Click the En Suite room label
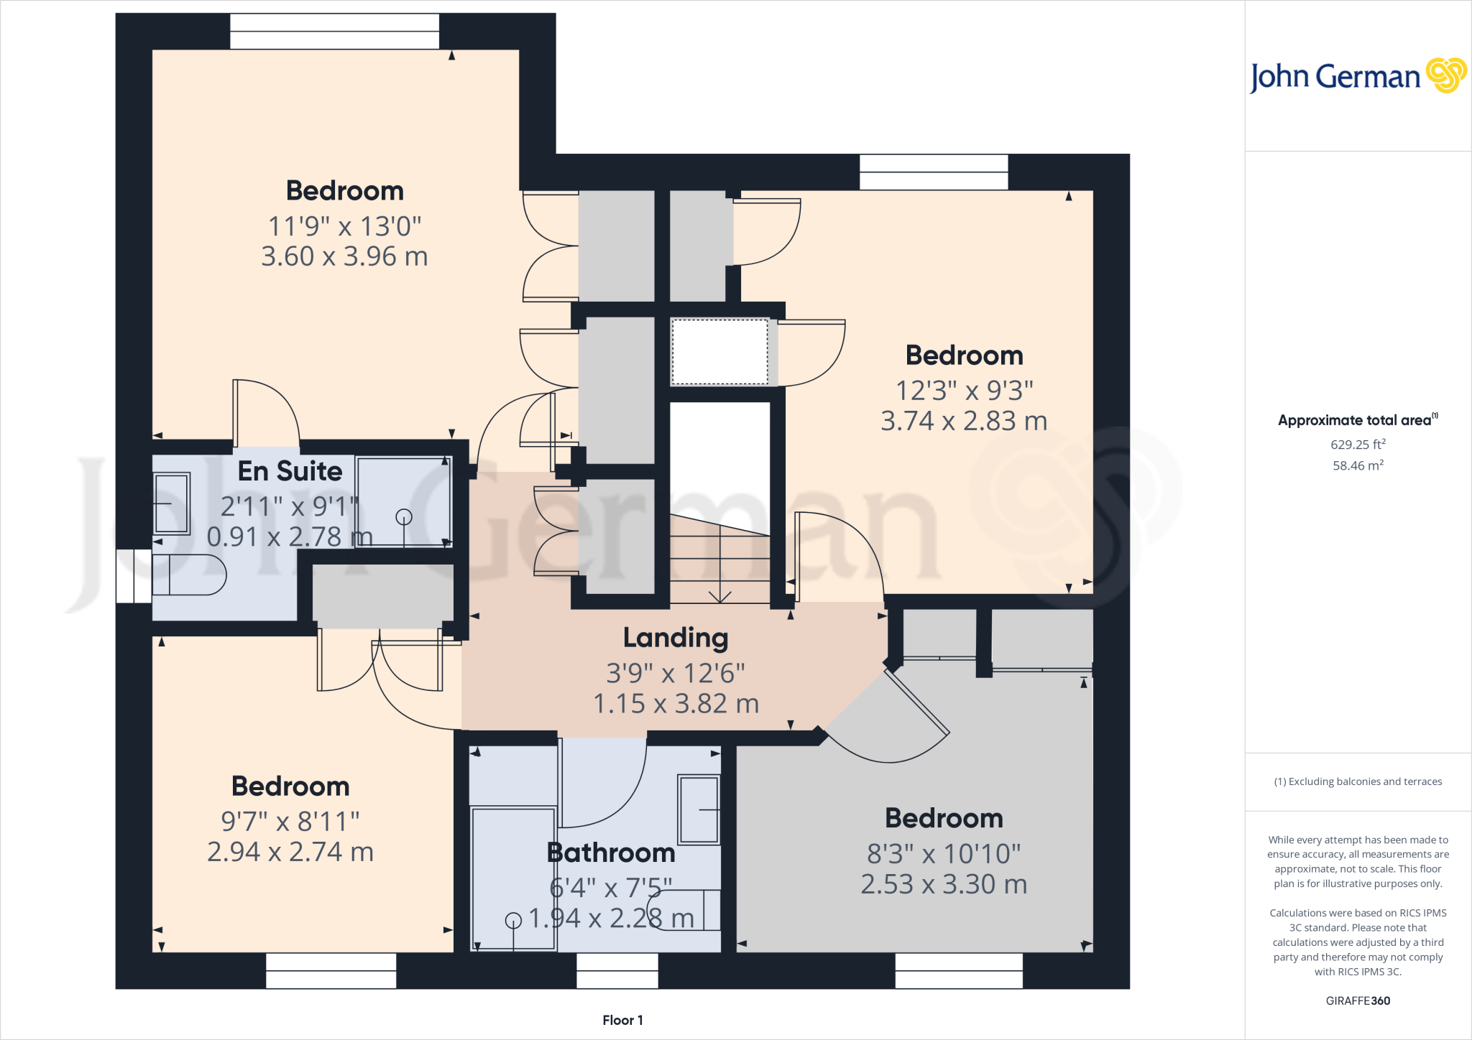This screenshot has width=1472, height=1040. pos(290,471)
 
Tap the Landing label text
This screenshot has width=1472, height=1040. pos(675,638)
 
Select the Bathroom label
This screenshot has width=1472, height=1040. pos(611,853)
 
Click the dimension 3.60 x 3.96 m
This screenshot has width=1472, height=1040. pos(344,256)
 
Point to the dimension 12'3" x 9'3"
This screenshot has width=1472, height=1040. pos(964,391)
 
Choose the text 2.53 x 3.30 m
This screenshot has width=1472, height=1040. pos(944,884)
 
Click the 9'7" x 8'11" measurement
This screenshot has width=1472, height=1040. pos(290,821)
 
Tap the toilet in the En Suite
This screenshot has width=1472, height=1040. pos(188,575)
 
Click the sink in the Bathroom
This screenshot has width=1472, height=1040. pos(699,809)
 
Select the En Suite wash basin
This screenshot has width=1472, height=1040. pos(172,503)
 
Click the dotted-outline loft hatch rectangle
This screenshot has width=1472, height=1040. pos(719,352)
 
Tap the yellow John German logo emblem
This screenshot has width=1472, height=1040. pos(1445,75)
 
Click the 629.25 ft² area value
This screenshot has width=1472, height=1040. pos(1358,445)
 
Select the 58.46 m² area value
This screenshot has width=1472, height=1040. pos(1358,465)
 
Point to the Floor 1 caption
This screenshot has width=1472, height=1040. pos(622,1020)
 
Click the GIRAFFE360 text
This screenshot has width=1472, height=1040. pos(1358,1000)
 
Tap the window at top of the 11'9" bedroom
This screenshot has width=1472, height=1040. pos(334,32)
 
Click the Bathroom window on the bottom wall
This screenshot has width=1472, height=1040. pos(617,970)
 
